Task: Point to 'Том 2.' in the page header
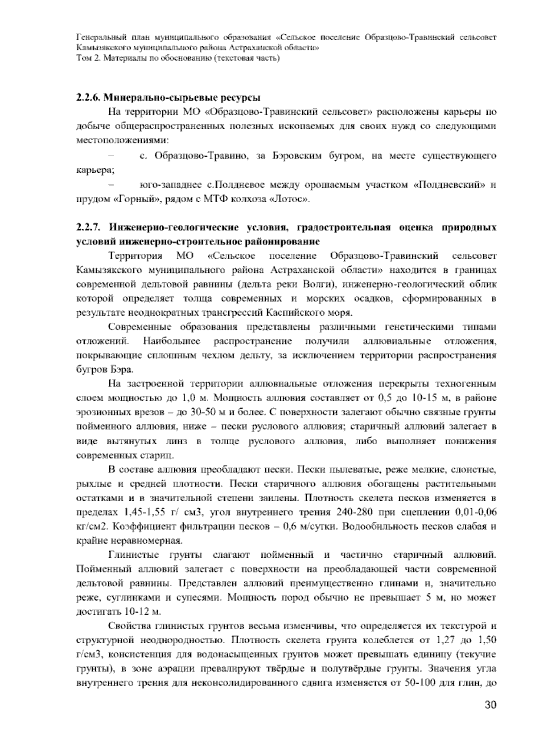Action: click(87, 59)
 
